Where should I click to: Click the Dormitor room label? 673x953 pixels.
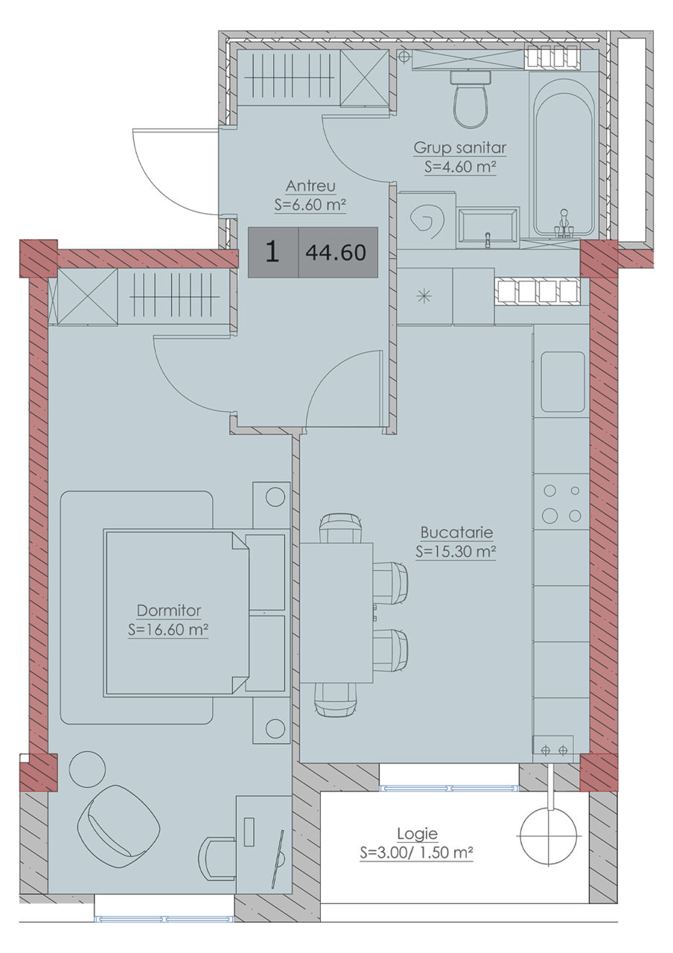click(168, 611)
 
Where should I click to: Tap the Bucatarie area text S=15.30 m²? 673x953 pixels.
click(456, 552)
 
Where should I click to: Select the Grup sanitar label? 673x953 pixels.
click(460, 148)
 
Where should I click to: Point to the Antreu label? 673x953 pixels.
click(310, 186)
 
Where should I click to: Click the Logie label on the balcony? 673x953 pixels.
click(417, 834)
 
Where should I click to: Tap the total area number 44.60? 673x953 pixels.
click(336, 252)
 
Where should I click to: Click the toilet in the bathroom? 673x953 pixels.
click(471, 99)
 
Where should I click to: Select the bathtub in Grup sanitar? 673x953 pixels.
click(564, 154)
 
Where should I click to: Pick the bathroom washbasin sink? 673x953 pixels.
click(488, 228)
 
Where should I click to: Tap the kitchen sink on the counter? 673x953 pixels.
click(562, 382)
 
